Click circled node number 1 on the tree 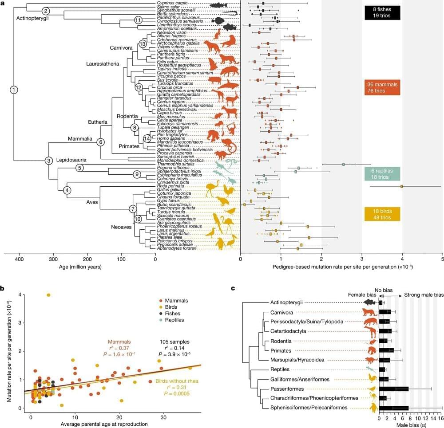click(14, 90)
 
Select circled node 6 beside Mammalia click(100, 142)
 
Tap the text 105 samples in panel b click(175, 342)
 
